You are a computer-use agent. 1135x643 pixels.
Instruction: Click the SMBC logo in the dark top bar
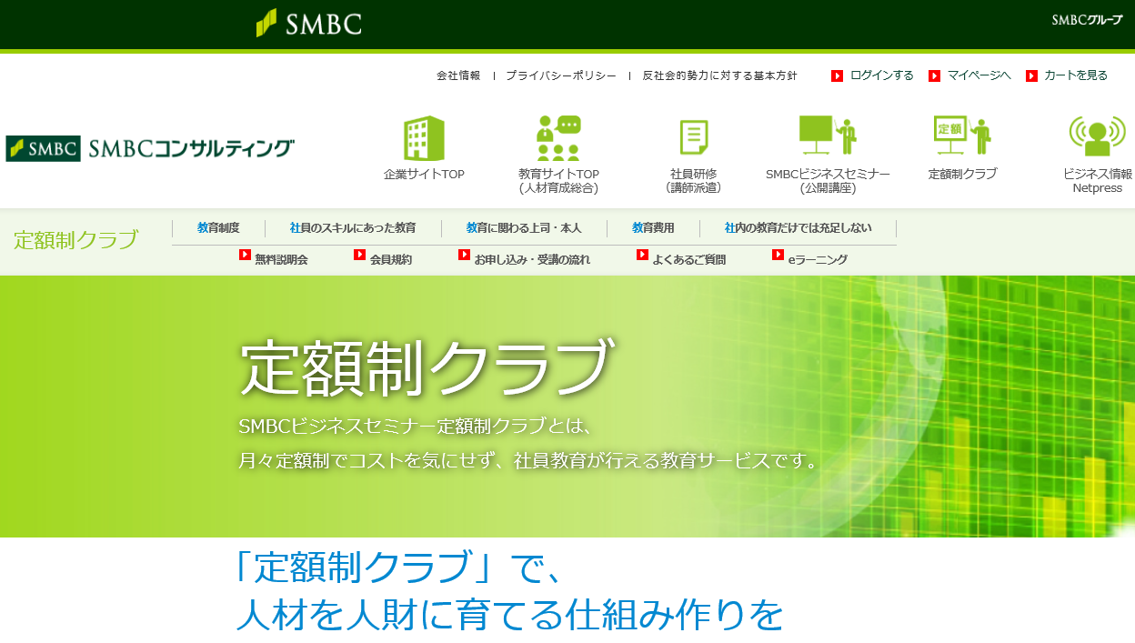coord(309,24)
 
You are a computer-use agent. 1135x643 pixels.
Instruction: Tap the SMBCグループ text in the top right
coord(1087,20)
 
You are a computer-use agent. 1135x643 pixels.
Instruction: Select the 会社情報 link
coord(458,75)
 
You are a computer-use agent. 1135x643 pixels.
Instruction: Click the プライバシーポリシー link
coord(561,75)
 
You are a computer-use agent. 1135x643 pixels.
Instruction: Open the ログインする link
coord(881,75)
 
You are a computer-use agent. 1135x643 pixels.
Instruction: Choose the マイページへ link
coord(979,75)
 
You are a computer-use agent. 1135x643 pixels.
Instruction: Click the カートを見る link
coord(1076,75)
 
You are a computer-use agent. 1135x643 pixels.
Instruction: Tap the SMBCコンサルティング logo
coord(150,148)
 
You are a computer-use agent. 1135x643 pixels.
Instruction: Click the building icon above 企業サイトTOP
coord(424,138)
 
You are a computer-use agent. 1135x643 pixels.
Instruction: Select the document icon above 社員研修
coord(694,136)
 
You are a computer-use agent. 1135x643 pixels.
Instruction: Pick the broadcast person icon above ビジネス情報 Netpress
coord(1098,136)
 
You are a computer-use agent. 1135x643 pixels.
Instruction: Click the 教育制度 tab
coord(218,228)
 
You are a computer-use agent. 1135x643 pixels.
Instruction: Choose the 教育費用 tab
coord(653,228)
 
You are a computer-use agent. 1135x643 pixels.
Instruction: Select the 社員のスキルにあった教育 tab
coord(353,228)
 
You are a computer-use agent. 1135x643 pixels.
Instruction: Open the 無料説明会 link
coord(281,259)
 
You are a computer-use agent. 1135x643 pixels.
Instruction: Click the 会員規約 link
coord(391,259)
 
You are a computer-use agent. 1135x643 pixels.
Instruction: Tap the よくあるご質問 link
coord(689,259)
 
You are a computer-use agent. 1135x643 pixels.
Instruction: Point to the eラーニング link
coord(818,259)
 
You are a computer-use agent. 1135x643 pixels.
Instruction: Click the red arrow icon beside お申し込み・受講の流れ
coord(464,255)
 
